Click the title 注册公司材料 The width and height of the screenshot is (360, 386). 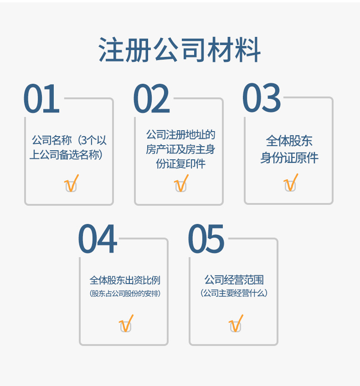180,50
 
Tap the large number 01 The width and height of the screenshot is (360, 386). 41,99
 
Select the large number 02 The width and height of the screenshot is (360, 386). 151,99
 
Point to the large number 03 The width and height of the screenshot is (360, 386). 262,98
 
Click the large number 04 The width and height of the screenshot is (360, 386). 98,239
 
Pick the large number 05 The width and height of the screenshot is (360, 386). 206,239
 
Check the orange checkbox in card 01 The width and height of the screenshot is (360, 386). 71,185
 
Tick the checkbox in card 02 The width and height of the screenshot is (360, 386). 181,185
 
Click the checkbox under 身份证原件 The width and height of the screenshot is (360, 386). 290,184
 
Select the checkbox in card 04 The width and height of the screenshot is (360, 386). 126,325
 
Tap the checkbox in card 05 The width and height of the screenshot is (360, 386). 235,325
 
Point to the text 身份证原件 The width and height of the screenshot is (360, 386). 289,158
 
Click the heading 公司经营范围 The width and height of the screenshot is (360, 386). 234,279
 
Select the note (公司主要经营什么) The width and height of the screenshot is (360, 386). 234,293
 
